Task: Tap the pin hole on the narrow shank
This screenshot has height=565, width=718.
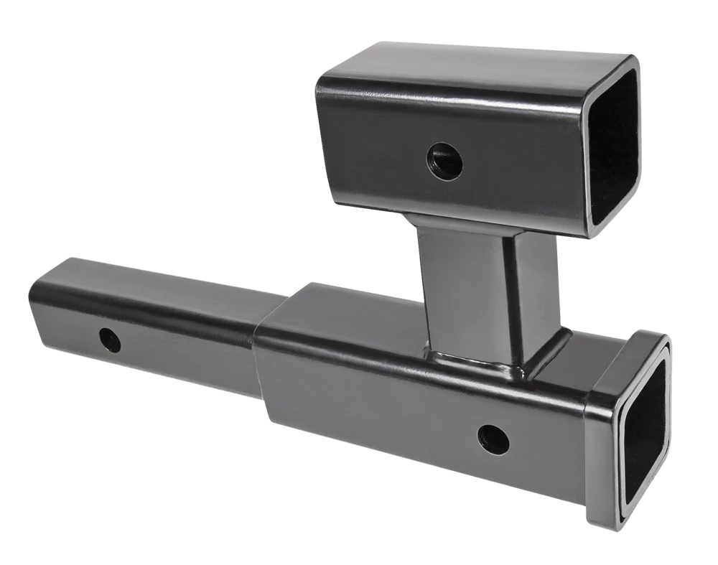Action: [110, 340]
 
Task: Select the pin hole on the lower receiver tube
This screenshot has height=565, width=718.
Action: [493, 439]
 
